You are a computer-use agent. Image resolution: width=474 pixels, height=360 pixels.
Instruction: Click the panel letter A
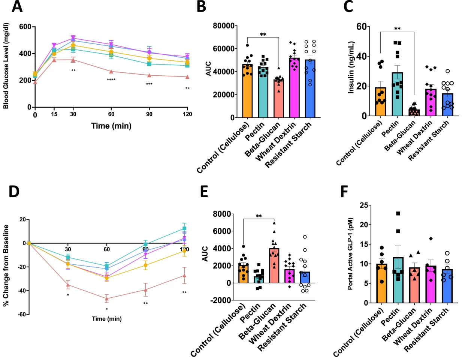17,6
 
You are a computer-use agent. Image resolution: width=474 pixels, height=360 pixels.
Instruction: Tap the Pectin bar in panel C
397,94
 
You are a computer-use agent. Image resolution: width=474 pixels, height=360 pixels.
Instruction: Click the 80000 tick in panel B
224,26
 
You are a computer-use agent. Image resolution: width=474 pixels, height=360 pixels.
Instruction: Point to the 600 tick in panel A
25,27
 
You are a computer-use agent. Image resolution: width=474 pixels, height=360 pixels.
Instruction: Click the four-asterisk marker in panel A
111,80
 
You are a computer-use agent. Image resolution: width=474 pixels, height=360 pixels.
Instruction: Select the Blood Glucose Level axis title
6,66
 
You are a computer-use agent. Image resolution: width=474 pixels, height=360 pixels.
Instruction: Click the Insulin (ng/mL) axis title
351,67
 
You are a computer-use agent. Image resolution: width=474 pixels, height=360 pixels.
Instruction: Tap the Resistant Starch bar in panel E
305,277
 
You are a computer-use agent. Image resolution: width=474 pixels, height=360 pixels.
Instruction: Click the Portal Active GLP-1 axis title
350,254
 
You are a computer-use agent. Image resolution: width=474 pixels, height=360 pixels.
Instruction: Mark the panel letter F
344,191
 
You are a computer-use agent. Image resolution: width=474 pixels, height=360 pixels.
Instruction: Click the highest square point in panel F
398,213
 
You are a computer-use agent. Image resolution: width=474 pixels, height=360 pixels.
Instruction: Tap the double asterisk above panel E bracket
259,216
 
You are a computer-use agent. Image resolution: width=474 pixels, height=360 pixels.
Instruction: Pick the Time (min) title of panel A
111,126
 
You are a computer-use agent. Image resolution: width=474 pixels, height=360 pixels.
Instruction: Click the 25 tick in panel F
363,205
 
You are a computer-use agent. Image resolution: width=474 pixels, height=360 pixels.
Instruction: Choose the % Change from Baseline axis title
6,265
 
